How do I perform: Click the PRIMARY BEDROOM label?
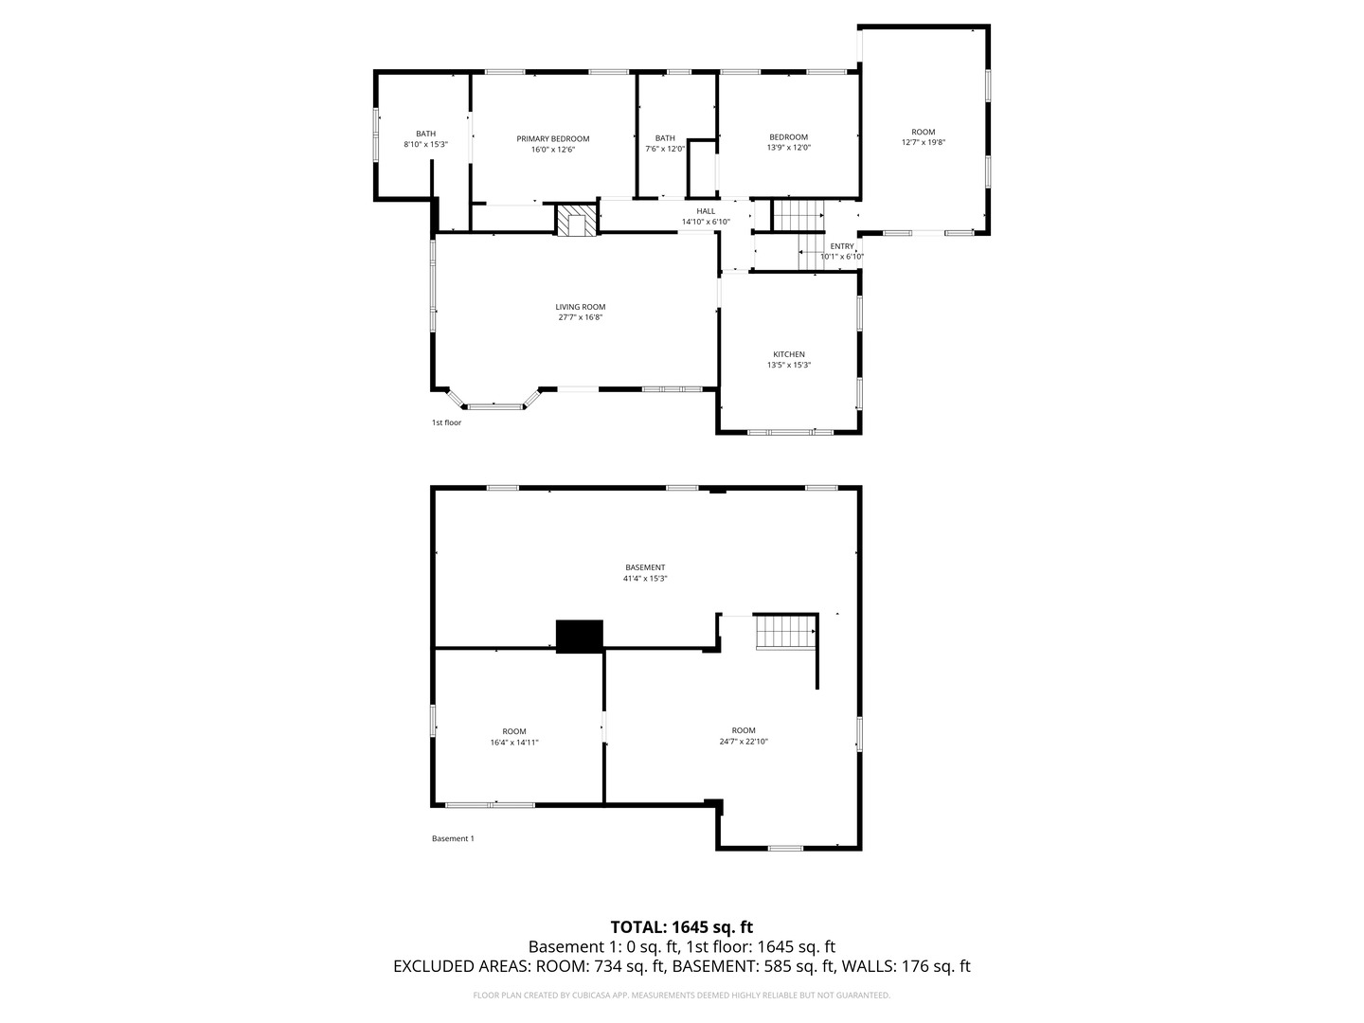point(552,138)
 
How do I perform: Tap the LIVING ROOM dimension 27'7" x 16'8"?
point(580,317)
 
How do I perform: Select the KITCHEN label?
point(788,354)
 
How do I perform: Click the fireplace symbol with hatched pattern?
point(577,221)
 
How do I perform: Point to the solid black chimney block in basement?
point(579,636)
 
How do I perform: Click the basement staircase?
point(785,632)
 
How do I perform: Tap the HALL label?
point(706,211)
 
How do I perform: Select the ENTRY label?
point(841,246)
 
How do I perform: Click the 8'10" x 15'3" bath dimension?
point(425,145)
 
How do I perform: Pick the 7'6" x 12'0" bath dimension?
point(665,149)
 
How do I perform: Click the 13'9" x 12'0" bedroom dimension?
point(788,148)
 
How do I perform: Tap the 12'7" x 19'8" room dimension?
point(923,142)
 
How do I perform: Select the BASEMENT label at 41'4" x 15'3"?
point(644,567)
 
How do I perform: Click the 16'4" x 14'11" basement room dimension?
point(513,743)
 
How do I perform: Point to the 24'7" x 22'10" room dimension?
point(743,742)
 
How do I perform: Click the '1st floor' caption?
point(446,422)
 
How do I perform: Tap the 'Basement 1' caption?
point(453,838)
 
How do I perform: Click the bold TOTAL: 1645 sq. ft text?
point(681,926)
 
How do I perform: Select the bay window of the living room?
point(496,404)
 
